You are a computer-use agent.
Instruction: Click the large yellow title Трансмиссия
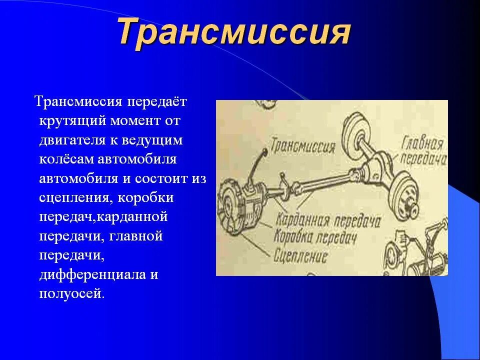coord(234,33)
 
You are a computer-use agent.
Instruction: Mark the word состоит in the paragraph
coord(156,178)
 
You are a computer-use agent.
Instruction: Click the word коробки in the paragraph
coord(145,198)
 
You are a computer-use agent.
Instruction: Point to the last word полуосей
coord(71,293)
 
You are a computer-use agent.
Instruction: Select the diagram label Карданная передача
coord(327,220)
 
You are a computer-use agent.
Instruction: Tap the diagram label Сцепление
coord(301,256)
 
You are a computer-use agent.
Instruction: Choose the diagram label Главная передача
coord(423,151)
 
